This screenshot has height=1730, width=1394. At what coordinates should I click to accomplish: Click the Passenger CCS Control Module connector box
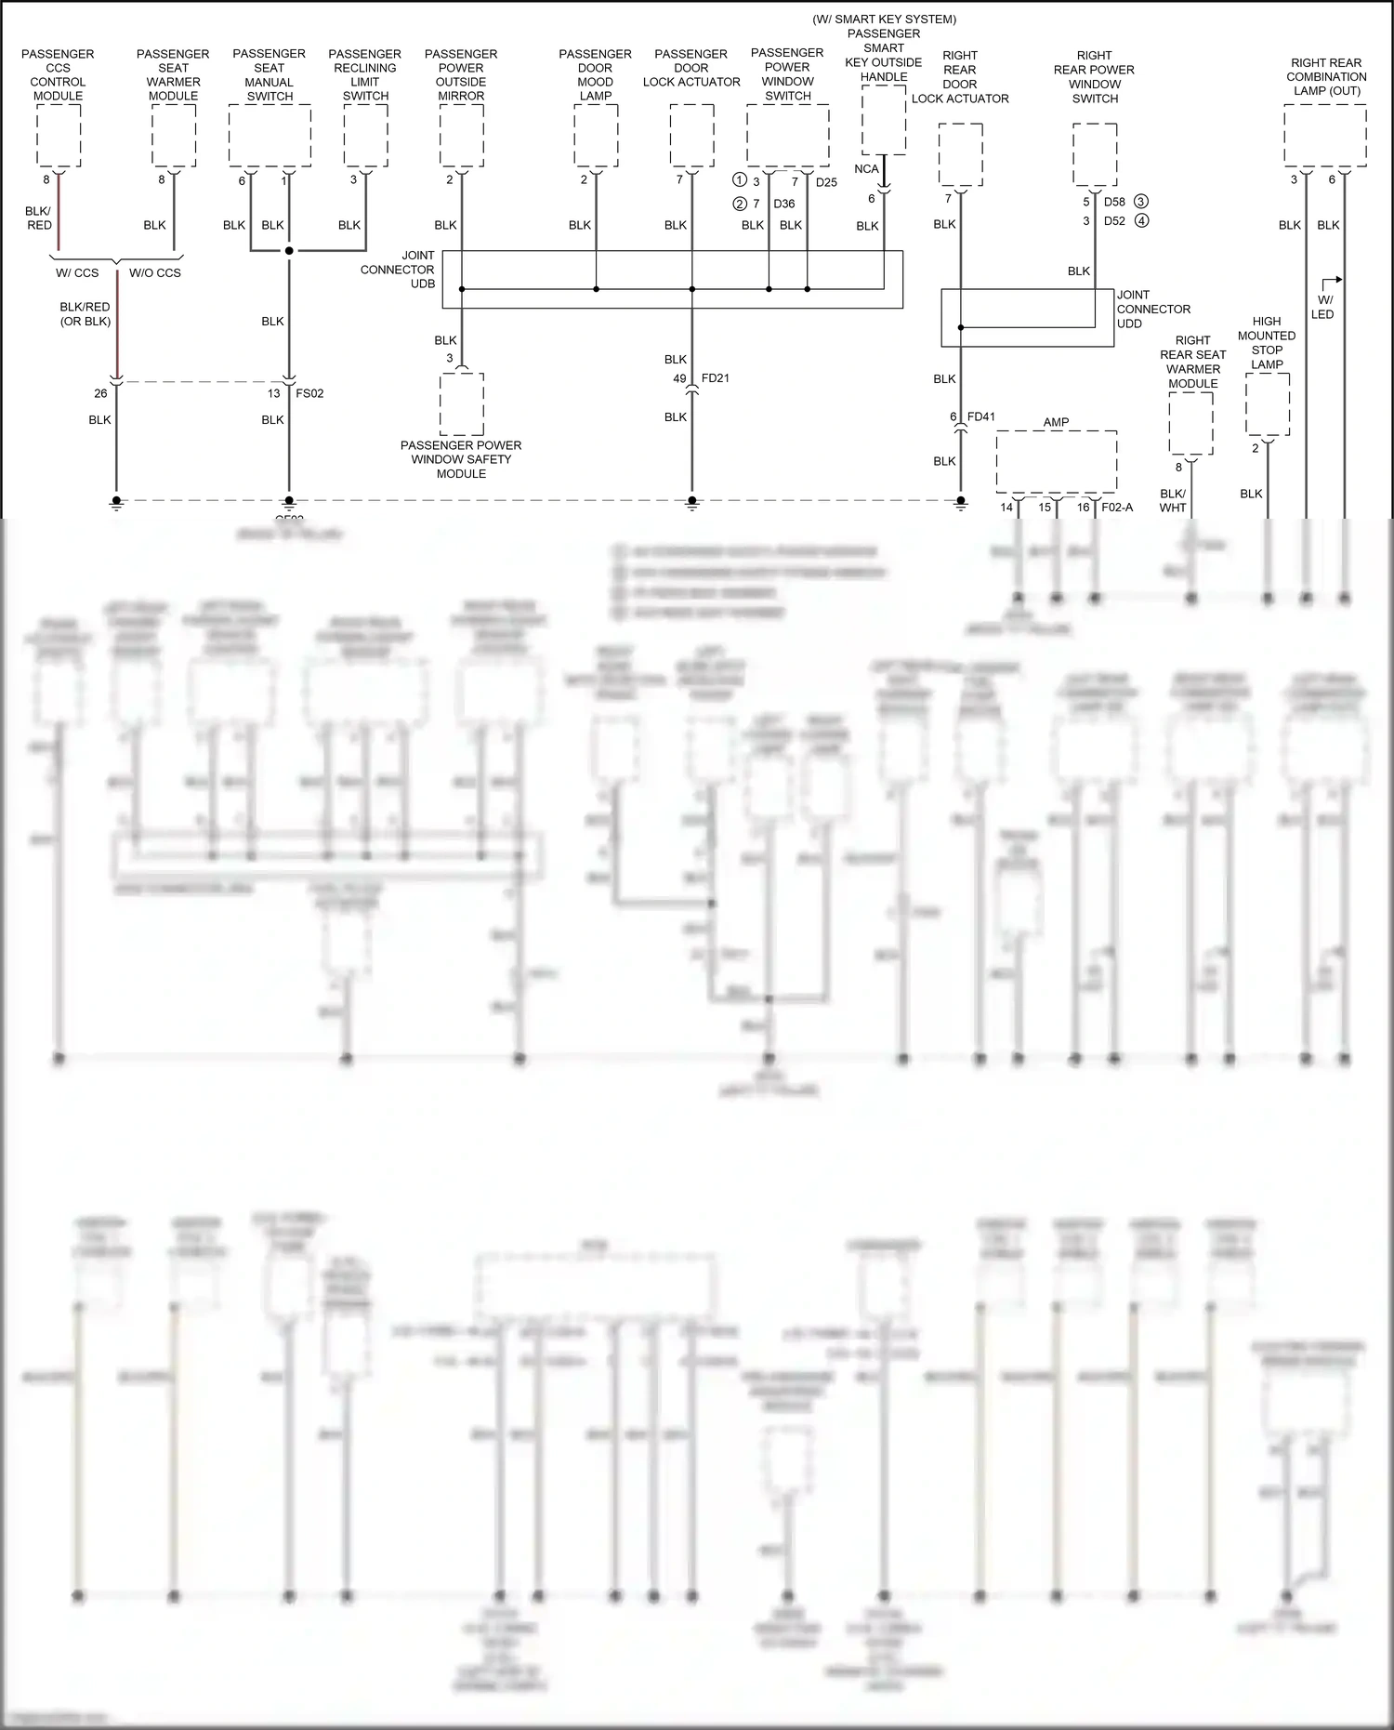(59, 136)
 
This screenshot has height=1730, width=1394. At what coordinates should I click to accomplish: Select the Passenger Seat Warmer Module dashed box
(174, 136)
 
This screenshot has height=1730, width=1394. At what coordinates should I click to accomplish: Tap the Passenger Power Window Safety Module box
(462, 403)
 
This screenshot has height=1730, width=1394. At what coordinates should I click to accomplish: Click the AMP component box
(1056, 461)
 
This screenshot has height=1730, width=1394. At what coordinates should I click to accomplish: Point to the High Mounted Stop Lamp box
(1267, 403)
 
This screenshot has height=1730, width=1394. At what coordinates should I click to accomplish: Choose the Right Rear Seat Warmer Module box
(1190, 423)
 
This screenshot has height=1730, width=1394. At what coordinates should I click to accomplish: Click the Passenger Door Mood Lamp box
(596, 136)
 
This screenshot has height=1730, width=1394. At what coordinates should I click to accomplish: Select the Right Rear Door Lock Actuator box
(960, 154)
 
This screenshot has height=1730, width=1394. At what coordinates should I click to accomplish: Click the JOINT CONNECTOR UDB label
(398, 270)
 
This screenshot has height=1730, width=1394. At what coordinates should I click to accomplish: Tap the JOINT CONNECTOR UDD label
(1153, 309)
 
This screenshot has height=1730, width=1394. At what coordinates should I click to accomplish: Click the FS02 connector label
(309, 393)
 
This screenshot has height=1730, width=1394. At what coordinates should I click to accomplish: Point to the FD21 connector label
(716, 378)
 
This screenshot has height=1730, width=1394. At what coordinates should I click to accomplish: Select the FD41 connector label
(981, 416)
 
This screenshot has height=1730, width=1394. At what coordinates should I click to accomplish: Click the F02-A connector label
(1117, 508)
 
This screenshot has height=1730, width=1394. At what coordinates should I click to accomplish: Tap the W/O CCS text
(155, 273)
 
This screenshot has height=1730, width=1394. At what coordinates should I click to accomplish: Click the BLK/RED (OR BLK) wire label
(85, 314)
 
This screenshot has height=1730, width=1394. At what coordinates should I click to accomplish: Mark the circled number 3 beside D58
(1141, 202)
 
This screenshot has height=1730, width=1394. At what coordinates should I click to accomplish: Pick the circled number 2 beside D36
(740, 204)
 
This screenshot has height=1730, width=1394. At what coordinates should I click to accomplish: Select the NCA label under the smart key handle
(866, 169)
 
